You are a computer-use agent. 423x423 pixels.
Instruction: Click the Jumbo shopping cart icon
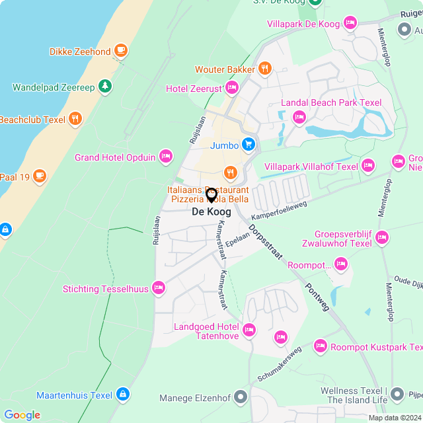pyautogui.click(x=248, y=143)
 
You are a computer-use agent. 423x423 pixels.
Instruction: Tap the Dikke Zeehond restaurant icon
pyautogui.click(x=120, y=50)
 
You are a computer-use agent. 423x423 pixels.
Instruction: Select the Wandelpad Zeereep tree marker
pyautogui.click(x=104, y=86)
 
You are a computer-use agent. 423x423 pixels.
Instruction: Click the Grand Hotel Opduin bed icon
pyautogui.click(x=165, y=157)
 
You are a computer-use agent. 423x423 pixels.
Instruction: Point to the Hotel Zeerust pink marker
pyautogui.click(x=231, y=87)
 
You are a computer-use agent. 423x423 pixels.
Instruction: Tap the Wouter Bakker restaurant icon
pyautogui.click(x=264, y=68)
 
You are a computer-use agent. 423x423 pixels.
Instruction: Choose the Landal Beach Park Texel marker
pyautogui.click(x=299, y=117)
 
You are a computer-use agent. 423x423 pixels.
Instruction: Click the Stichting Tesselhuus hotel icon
pyautogui.click(x=158, y=288)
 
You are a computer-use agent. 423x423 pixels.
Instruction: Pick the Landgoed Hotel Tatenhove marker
pyautogui.click(x=249, y=329)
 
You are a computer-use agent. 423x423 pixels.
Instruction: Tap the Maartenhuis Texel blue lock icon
pyautogui.click(x=122, y=395)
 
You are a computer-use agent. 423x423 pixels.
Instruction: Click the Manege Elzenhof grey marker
pyautogui.click(x=241, y=397)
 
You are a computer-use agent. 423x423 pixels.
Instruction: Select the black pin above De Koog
pyautogui.click(x=211, y=195)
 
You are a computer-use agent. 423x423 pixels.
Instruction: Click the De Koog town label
pyautogui.click(x=211, y=211)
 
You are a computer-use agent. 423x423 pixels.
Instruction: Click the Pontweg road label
pyautogui.click(x=317, y=295)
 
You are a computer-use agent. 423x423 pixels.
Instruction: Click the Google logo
pyautogui.click(x=22, y=415)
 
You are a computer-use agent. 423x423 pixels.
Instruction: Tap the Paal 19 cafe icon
pyautogui.click(x=40, y=175)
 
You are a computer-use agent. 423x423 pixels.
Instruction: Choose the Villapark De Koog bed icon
pyautogui.click(x=350, y=23)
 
